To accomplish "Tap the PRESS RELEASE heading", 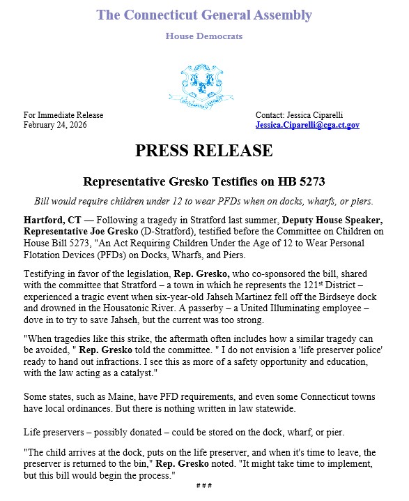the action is [x=204, y=151].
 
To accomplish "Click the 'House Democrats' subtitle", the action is [x=203, y=35].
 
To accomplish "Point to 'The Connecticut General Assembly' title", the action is [x=204, y=15].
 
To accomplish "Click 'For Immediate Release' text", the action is [x=63, y=114].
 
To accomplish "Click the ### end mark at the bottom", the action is [x=203, y=486].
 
